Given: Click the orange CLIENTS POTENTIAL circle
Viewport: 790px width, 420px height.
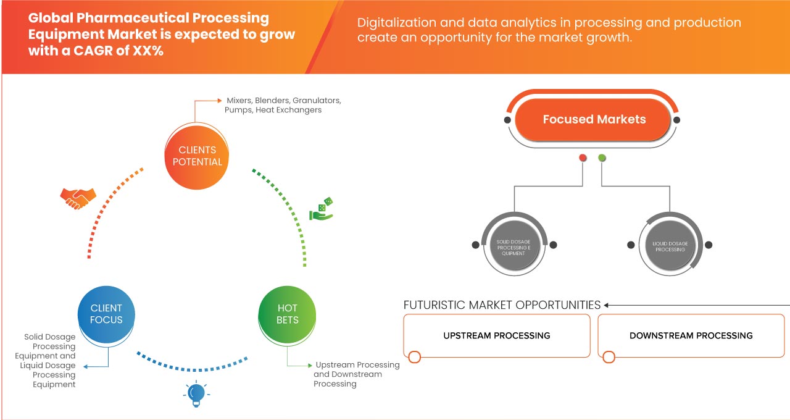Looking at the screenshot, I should (x=197, y=156).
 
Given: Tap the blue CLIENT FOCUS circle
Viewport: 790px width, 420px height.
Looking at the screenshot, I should (x=107, y=314).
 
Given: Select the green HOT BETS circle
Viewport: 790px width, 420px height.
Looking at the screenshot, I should (x=288, y=314).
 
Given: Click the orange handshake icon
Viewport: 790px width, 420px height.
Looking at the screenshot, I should (x=78, y=198).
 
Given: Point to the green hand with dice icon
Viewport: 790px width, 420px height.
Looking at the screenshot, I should (x=321, y=209).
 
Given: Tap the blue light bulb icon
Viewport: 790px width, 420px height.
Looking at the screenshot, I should (x=196, y=394).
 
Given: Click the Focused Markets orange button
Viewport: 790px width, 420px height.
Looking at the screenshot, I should (x=594, y=119).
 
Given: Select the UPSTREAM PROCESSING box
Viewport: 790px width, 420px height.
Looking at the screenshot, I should (x=497, y=336).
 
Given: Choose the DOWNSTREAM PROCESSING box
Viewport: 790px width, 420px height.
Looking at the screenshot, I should (x=691, y=336).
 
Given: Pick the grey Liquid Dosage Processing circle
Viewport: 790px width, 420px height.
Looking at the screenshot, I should (x=670, y=245).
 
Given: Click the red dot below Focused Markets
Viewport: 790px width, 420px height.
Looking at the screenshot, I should (x=583, y=158).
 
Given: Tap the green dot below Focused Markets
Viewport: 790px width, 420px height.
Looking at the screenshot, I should (x=602, y=158).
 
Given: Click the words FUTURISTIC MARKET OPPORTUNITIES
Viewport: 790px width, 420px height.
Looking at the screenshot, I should (x=502, y=305).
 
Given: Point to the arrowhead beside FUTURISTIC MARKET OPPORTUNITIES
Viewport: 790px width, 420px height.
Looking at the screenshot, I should (x=607, y=305).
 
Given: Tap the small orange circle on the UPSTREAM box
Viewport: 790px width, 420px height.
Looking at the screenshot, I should (x=415, y=356).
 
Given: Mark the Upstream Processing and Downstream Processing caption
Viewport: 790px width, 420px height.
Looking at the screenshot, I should (x=356, y=374).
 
